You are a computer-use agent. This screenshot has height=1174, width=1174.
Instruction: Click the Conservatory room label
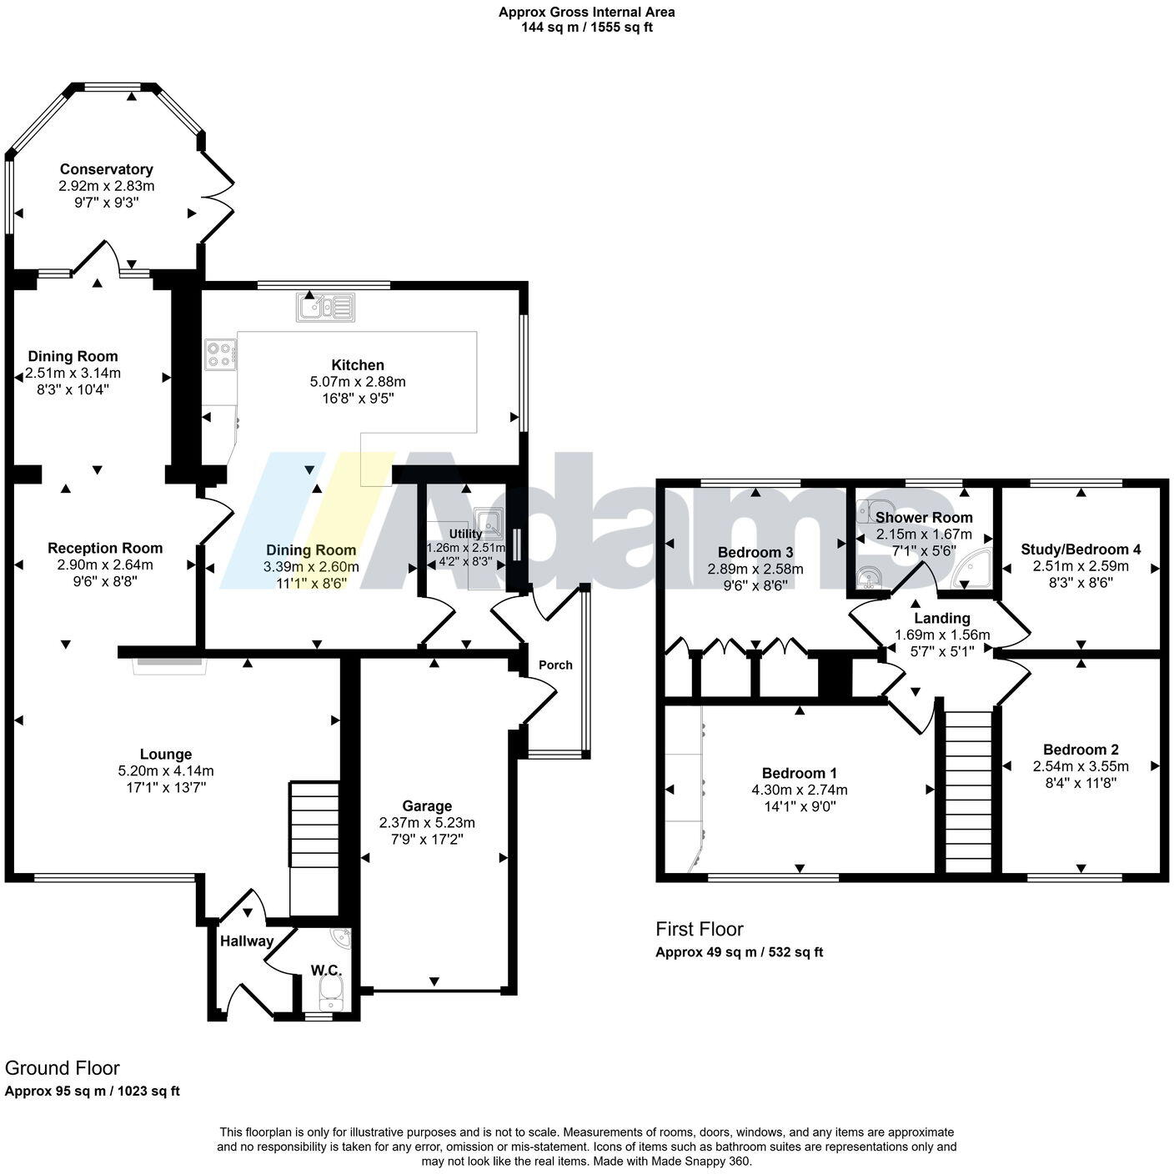coord(106,169)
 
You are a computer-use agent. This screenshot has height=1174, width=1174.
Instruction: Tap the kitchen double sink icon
coord(325,308)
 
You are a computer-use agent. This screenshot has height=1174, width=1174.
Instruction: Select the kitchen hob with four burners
coord(221,355)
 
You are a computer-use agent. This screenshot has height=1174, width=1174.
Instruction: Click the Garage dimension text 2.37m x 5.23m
coord(427,822)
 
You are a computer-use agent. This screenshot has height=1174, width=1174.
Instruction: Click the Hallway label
coord(247,941)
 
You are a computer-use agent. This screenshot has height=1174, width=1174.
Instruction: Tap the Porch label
coord(555,665)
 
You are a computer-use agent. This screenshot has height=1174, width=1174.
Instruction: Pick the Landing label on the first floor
coord(942,618)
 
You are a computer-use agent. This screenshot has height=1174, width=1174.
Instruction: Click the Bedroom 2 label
coord(1081,750)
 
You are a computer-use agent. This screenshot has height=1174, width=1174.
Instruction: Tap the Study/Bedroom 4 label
coord(1081,549)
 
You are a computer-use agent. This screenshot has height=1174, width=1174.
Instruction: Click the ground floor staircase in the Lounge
coord(314,825)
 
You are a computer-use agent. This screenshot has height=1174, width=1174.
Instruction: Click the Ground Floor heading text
coord(63,1068)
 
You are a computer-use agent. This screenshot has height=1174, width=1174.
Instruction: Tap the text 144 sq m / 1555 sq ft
coord(586,27)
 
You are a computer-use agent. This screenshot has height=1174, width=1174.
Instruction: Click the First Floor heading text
coord(699,929)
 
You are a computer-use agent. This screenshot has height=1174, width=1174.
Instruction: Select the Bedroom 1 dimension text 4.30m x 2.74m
coord(799,790)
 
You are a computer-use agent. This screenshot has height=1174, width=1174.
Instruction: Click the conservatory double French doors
coord(218,193)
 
